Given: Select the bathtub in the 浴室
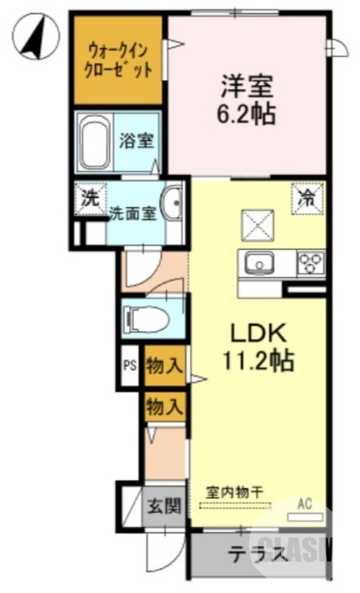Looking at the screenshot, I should (95, 142).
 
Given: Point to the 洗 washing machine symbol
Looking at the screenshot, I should (89, 199).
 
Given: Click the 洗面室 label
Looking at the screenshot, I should (133, 213).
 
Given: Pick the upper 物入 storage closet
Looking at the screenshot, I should (164, 365).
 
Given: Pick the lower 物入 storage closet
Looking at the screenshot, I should (164, 406).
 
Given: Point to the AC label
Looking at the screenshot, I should (305, 504).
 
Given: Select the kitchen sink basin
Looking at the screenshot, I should (260, 262).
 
